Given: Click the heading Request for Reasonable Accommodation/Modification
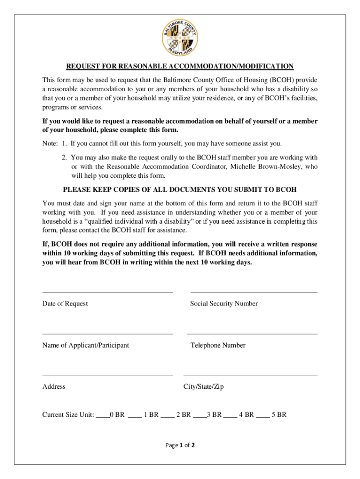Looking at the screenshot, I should point(180,66).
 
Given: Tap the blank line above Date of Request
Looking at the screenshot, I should point(108,292).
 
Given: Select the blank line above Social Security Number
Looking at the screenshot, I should point(254,292).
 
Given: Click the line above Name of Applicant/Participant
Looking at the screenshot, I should point(108,334).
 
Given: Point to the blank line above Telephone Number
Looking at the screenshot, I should point(252,334).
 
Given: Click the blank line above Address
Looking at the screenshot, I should point(108,375).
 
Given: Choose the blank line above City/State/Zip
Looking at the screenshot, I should point(251,375).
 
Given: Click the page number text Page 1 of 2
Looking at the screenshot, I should point(180,445).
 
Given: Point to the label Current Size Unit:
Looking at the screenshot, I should point(68,414).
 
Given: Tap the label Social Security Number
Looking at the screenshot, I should point(224,304).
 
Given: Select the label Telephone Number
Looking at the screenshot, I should point(218,345).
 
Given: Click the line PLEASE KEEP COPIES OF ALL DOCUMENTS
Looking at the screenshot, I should point(180,189).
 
